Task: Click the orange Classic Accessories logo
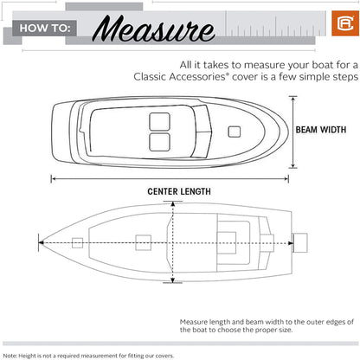[345, 23]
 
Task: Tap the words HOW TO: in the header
[45, 29]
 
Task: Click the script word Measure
[154, 29]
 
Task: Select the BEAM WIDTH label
[321, 130]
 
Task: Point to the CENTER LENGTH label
[179, 191]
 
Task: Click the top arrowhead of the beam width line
[293, 99]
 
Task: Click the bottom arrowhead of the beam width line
[293, 165]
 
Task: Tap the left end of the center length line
[52, 179]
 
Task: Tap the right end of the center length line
[288, 179]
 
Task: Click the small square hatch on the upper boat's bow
[235, 132]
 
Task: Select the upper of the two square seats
[159, 121]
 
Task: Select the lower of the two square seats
[159, 142]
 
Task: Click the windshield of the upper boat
[203, 132]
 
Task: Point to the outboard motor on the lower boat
[300, 243]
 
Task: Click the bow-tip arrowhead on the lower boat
[42, 243]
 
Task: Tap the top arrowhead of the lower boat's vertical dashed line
[172, 204]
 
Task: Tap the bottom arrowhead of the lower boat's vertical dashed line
[172, 280]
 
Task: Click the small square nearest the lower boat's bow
[77, 243]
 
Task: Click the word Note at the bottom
[10, 356]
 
